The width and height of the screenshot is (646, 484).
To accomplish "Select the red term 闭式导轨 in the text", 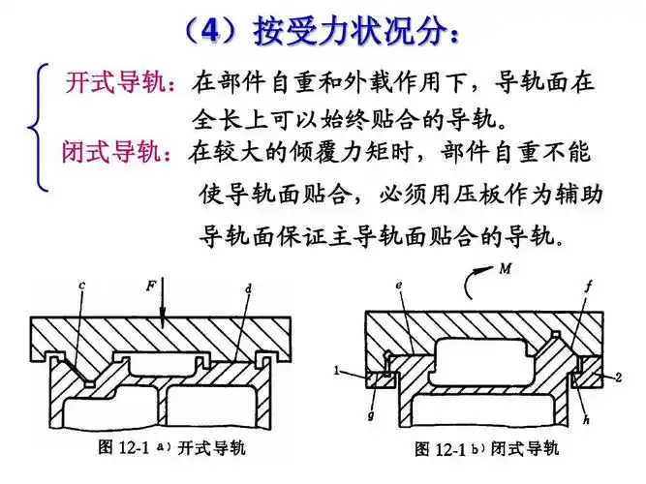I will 115,153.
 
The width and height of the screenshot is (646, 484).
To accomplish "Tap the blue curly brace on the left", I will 40,125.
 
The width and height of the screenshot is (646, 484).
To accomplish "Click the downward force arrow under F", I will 164,305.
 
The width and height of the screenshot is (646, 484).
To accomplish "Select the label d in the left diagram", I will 249,288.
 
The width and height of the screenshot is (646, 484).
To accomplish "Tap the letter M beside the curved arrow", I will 506,268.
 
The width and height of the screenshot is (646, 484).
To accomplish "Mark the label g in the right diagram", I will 371,412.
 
